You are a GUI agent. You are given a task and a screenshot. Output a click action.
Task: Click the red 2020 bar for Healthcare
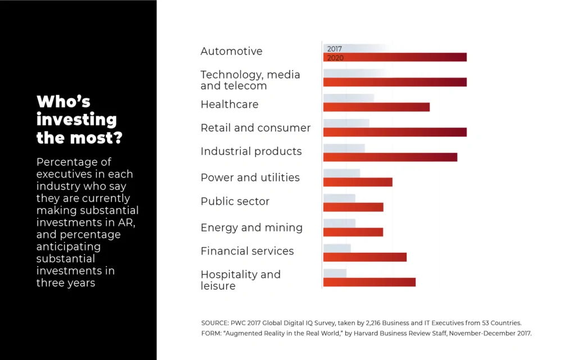pyautogui.click(x=376, y=107)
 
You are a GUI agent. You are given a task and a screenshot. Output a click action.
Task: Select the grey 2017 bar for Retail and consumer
pyautogui.click(x=346, y=123)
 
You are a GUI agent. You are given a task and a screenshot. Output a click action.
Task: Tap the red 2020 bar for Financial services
pyautogui.click(x=365, y=257)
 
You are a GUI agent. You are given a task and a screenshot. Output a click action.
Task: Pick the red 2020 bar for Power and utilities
pyautogui.click(x=358, y=182)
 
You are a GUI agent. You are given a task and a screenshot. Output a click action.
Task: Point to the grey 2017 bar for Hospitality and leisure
pyautogui.click(x=335, y=273)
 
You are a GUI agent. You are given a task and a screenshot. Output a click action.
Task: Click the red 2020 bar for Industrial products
pyautogui.click(x=390, y=157)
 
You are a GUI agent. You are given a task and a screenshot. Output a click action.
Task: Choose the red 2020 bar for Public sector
pyautogui.click(x=353, y=207)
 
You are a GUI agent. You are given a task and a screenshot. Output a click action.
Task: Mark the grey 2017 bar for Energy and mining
pyautogui.click(x=339, y=224)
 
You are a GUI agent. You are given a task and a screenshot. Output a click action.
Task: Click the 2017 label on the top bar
pyautogui.click(x=335, y=49)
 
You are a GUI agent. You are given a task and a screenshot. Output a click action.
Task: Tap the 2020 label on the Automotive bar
pyautogui.click(x=335, y=58)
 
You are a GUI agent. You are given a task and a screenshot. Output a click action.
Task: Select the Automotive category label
pyautogui.click(x=231, y=51)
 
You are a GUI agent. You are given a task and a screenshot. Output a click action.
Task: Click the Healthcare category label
pyautogui.click(x=230, y=104)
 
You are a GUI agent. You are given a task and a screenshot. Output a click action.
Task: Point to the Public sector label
pyautogui.click(x=235, y=201)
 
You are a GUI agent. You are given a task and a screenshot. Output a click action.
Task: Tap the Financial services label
pyautogui.click(x=247, y=251)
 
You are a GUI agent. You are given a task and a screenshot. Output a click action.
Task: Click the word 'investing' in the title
pyautogui.click(x=76, y=120)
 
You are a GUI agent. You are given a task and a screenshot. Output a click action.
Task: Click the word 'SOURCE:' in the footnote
pyautogui.click(x=215, y=323)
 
